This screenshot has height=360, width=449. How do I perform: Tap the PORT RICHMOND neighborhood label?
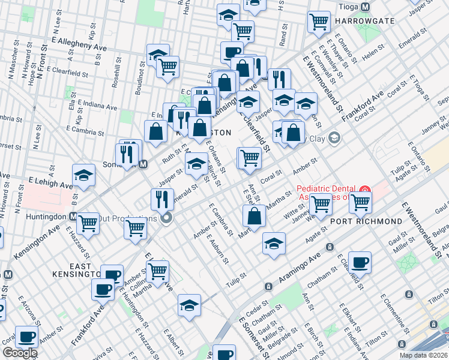click(x=366, y=221)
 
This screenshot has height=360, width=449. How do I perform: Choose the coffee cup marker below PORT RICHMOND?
click(x=360, y=262)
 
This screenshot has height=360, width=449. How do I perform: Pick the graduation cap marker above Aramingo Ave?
click(x=274, y=243)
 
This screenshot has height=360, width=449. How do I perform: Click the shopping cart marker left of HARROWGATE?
click(x=319, y=22)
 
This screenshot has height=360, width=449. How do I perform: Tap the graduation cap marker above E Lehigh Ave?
click(x=84, y=175)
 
